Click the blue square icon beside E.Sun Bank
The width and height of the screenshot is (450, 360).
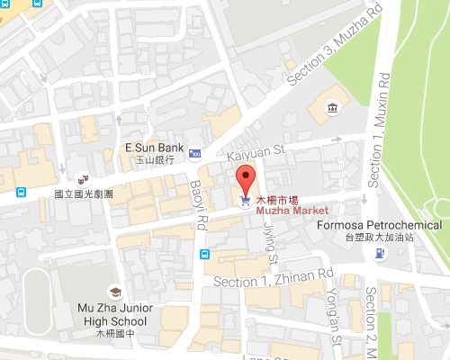point(195,155)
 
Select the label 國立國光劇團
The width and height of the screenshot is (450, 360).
point(82,192)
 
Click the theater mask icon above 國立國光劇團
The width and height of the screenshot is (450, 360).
point(82,178)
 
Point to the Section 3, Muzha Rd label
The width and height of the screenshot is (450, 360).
point(320,56)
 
